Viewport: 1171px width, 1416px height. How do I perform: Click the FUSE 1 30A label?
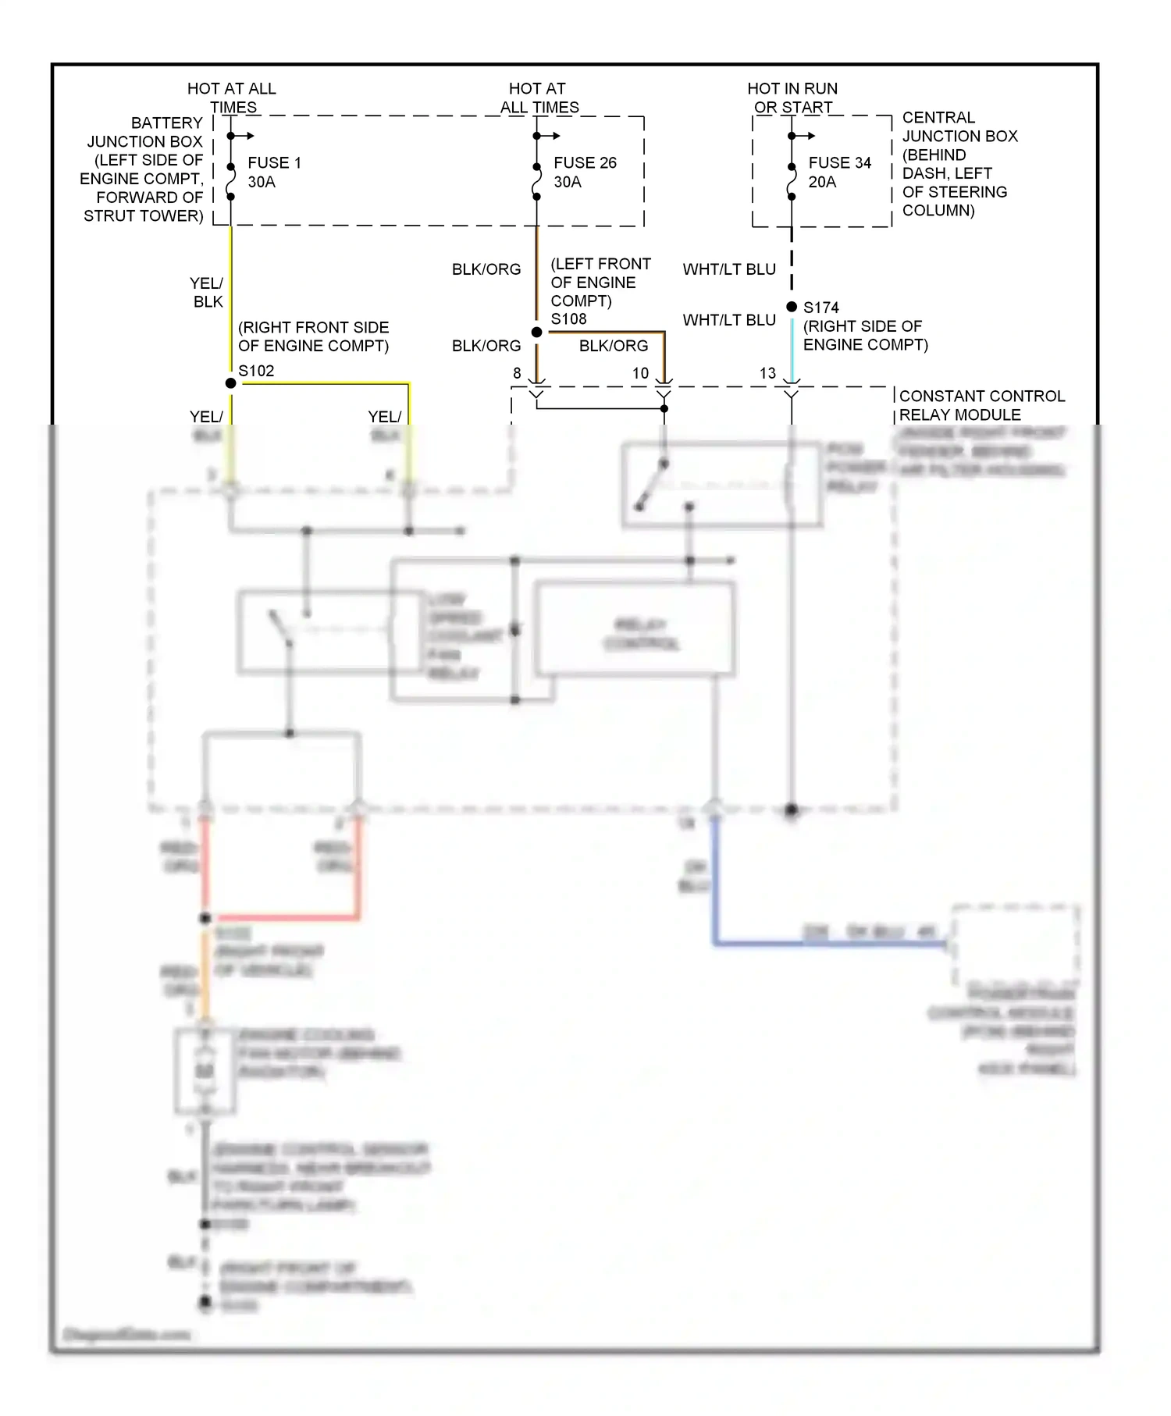(x=274, y=173)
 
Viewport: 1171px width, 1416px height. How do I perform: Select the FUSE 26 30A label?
(x=585, y=173)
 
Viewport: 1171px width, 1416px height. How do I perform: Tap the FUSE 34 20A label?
(x=838, y=173)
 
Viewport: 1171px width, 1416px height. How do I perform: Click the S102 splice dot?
(x=230, y=383)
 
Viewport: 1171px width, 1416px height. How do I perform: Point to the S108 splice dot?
(x=536, y=333)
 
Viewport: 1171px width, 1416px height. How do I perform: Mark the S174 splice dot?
(x=792, y=307)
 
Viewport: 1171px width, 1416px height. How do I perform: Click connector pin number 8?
(x=517, y=374)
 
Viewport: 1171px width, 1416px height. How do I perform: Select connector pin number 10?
(x=640, y=374)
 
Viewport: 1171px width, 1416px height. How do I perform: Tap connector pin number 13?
(x=767, y=374)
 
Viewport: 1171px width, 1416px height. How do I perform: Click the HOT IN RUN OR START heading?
(x=792, y=98)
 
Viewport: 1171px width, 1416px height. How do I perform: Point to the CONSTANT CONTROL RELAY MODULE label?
(x=981, y=405)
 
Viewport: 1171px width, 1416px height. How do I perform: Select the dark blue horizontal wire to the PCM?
(x=828, y=944)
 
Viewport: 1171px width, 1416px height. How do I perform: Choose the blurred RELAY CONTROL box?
(x=635, y=629)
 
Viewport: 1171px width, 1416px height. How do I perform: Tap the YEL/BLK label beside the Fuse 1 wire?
(x=207, y=292)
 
